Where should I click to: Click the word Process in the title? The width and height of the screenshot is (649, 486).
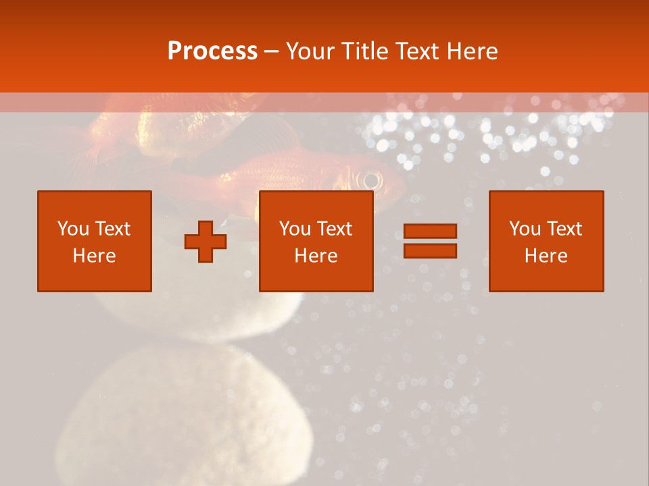tap(212, 51)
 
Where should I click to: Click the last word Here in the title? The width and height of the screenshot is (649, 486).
tap(473, 51)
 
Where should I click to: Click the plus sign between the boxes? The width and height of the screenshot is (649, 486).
tap(206, 242)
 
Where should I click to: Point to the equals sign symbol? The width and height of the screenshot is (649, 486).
tap(430, 241)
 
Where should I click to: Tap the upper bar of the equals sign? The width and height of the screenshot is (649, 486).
tap(430, 232)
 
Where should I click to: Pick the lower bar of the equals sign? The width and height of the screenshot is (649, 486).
tap(430, 250)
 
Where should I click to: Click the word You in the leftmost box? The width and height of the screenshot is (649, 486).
tap(72, 229)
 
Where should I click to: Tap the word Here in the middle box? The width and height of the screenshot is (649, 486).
tap(316, 256)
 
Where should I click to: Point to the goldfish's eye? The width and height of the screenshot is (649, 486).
tap(370, 180)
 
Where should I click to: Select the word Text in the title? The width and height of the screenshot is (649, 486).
tap(418, 51)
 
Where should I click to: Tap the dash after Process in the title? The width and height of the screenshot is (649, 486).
tap(271, 52)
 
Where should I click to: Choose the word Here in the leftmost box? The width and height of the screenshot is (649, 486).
tap(95, 256)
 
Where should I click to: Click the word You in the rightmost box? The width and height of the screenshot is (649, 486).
tap(525, 229)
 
